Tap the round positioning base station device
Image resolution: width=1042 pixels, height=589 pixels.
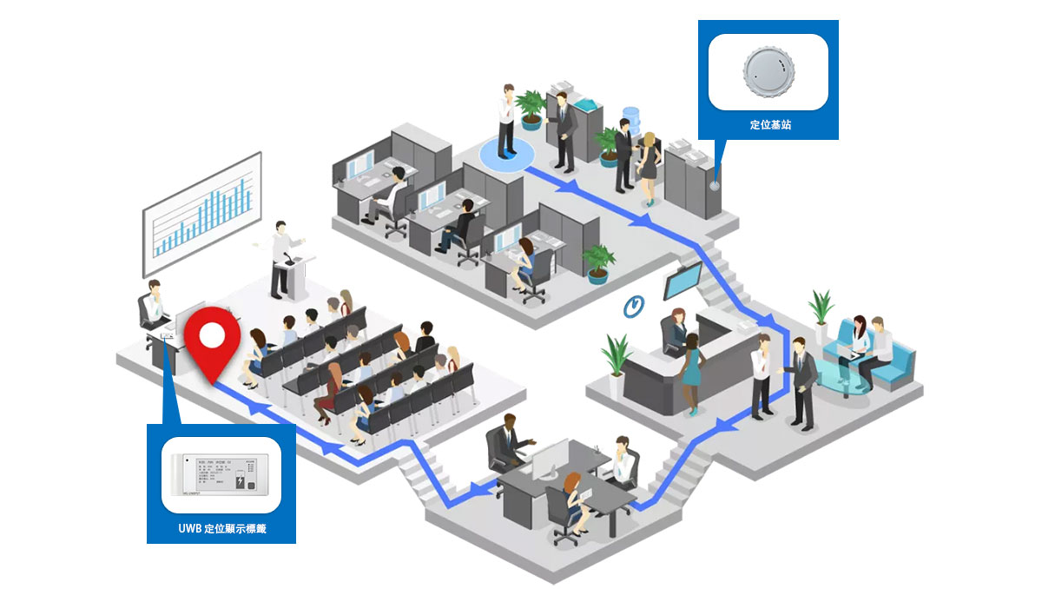click(768, 69)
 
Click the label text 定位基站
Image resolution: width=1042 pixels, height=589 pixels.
click(769, 125)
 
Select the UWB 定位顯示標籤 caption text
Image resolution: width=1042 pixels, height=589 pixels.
click(221, 527)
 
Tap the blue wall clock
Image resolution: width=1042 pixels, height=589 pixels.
click(635, 305)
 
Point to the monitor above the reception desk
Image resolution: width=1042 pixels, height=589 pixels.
click(683, 281)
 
